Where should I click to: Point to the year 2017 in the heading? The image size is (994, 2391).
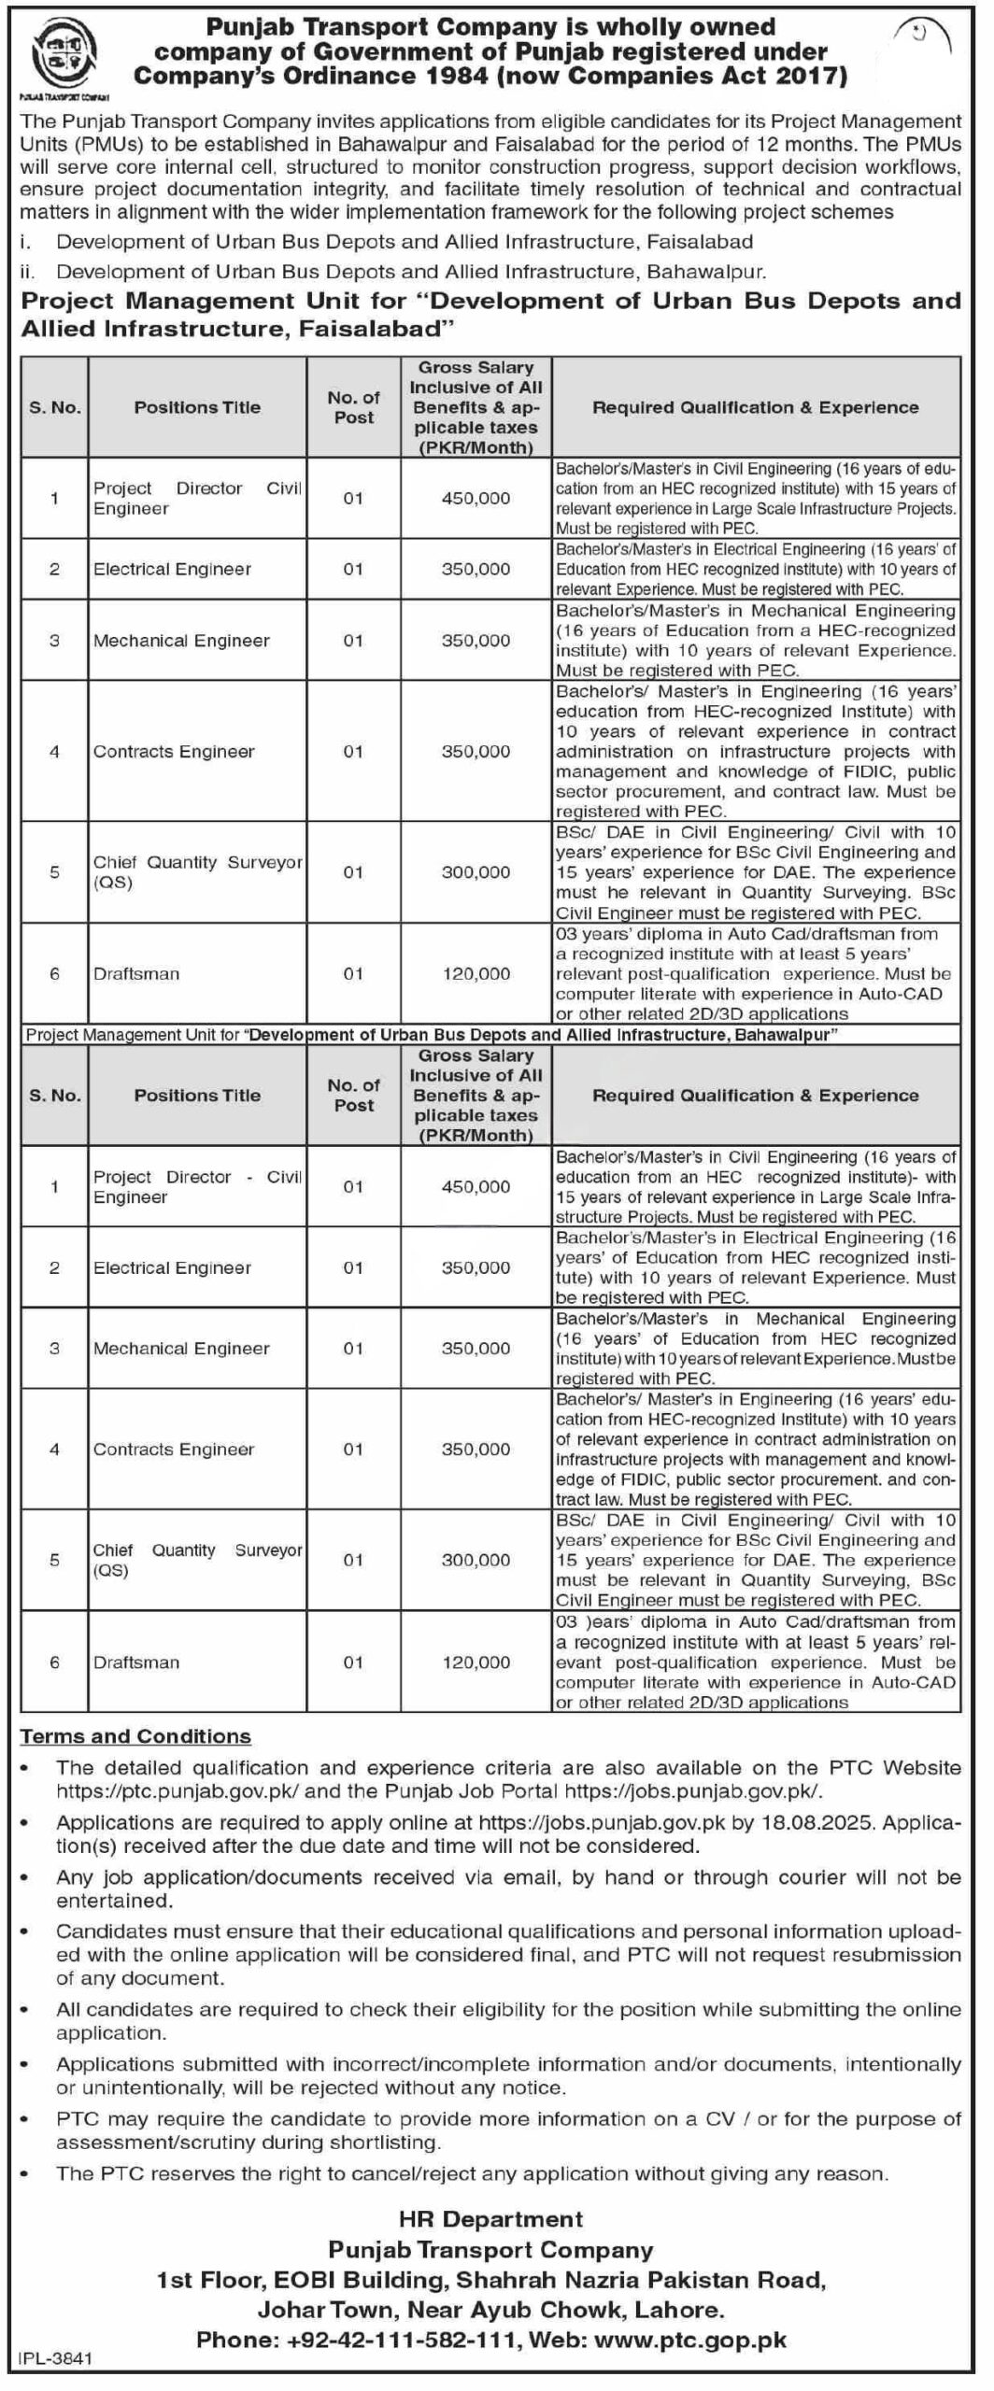coord(810,77)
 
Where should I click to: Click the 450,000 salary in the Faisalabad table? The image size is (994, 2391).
coord(476,499)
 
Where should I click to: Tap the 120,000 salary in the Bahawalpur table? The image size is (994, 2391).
coord(476,1662)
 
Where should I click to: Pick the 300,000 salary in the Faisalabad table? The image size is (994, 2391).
coord(476,872)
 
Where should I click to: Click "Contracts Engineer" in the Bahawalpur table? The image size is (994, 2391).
coord(174,1450)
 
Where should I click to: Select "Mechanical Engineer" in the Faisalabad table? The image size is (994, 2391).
coord(181,641)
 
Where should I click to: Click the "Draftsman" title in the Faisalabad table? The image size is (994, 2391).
coord(136,974)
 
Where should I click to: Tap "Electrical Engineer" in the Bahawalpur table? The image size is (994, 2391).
coord(172,1267)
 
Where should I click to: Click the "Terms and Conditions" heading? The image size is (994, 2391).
coord(135,1736)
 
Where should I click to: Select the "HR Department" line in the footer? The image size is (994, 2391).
coord(490,2219)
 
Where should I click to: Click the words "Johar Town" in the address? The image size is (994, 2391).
coord(320,2311)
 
